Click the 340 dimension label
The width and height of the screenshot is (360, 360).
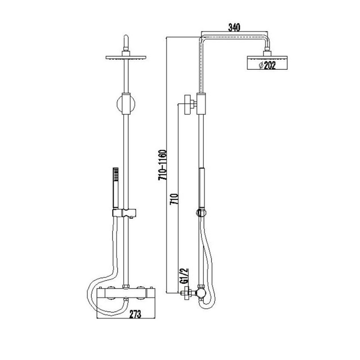pos(234,27)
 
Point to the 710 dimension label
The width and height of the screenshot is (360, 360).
pos(175,200)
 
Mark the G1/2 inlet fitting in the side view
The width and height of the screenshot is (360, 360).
pos(185,294)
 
